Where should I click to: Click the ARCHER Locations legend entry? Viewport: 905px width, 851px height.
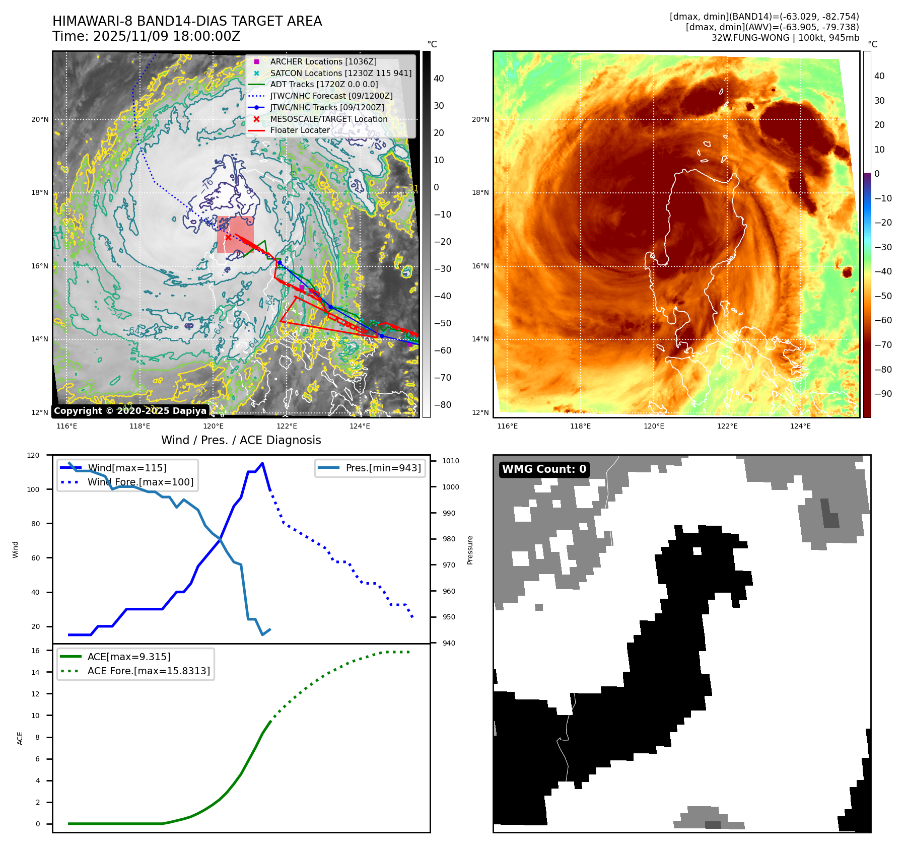(x=323, y=61)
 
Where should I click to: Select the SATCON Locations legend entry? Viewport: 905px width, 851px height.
(x=340, y=73)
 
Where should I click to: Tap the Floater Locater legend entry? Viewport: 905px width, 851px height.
(x=300, y=130)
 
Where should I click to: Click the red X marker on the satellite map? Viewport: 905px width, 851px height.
(x=228, y=237)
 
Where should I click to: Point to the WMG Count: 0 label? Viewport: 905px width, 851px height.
(x=544, y=469)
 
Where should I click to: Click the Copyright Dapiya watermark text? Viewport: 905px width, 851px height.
(x=130, y=411)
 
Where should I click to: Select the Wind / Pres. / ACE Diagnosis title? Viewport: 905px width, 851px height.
(x=241, y=440)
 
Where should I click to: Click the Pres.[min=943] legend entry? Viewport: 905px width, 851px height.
(x=383, y=468)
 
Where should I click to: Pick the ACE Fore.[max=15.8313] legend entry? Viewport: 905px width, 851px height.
(x=149, y=671)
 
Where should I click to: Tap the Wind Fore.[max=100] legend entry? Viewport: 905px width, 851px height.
(x=140, y=482)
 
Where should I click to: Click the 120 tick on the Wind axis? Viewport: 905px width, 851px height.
(x=33, y=455)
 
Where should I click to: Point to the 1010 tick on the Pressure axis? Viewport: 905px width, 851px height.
(x=451, y=461)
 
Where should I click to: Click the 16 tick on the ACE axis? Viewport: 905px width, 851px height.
(x=35, y=651)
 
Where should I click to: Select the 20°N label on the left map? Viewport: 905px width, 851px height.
(x=40, y=120)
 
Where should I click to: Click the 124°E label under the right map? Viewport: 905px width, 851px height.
(x=800, y=426)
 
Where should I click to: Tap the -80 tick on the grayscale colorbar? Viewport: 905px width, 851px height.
(x=443, y=405)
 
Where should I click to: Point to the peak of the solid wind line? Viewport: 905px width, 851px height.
(x=262, y=463)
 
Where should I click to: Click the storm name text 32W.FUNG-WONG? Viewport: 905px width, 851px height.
(x=750, y=38)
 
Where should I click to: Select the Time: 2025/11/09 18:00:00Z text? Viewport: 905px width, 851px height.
(x=146, y=36)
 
